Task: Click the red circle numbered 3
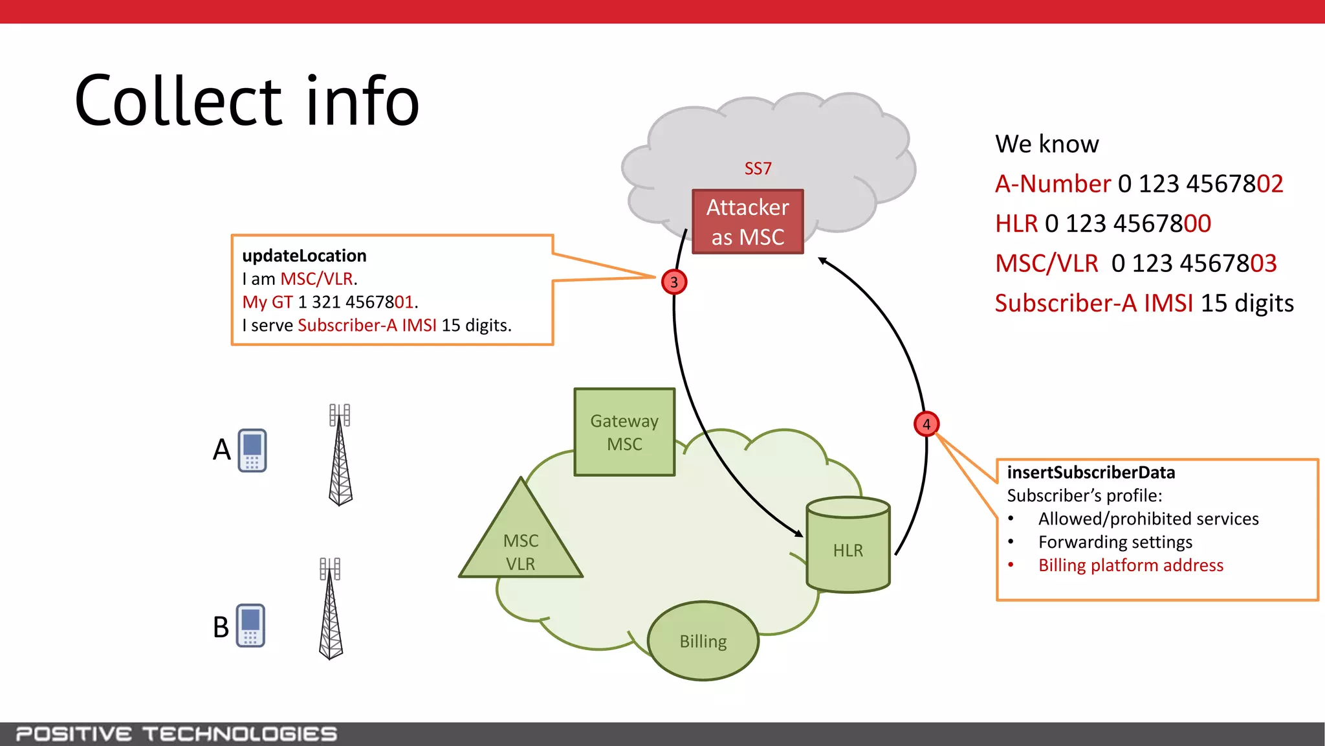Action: (x=674, y=282)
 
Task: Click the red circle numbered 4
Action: (x=926, y=424)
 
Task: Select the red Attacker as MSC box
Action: (x=747, y=221)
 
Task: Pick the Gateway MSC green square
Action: (x=624, y=432)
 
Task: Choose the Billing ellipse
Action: (x=703, y=640)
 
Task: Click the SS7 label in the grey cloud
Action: (x=758, y=168)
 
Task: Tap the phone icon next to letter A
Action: (x=252, y=450)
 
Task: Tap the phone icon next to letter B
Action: (x=250, y=626)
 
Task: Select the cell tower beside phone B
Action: (x=331, y=609)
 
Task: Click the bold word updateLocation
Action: (x=304, y=256)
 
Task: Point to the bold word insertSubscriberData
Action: (x=1091, y=473)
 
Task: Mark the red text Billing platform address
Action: (x=1130, y=565)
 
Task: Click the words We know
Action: (x=1047, y=144)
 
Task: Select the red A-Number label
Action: (x=1053, y=184)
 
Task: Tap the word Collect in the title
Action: (x=179, y=102)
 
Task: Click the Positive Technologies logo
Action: (x=176, y=734)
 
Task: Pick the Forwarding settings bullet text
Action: (x=1115, y=542)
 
